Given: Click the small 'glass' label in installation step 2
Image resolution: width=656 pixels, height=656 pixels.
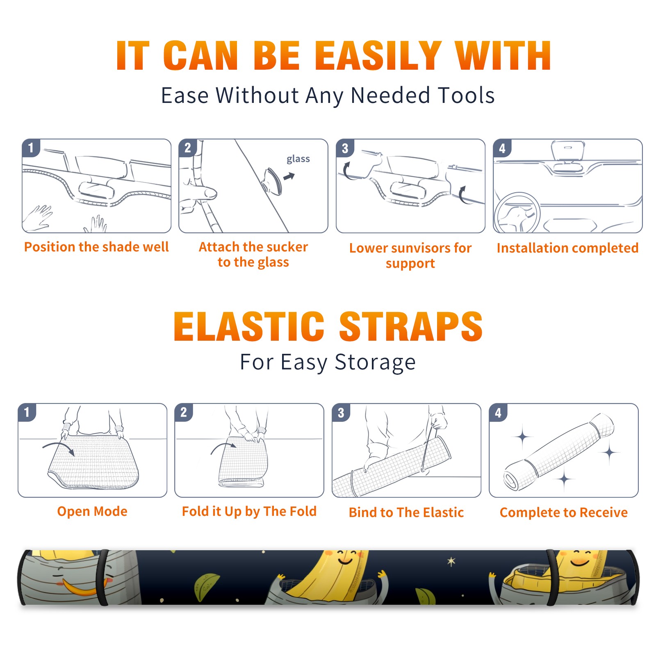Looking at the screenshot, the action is coord(298,159).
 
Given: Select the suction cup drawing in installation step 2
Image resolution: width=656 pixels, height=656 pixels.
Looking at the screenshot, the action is coord(272,181).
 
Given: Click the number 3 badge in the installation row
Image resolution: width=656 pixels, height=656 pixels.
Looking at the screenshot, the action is coord(345,148).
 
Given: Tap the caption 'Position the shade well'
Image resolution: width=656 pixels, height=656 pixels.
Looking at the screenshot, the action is coord(96,247).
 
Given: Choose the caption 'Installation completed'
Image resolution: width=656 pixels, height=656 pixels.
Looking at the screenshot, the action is coord(567,248).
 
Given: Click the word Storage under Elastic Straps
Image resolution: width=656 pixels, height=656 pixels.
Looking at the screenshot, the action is coord(375,362).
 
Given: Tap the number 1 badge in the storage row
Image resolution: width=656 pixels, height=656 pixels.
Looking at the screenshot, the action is coord(27,412).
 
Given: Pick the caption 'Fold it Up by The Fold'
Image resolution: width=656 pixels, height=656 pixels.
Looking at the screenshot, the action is coord(249,511).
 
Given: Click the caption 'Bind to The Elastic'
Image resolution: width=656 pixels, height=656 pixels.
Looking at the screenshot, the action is coord(406,512).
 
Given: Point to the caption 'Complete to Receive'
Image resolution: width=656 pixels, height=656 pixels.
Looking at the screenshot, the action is coord(564,512).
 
